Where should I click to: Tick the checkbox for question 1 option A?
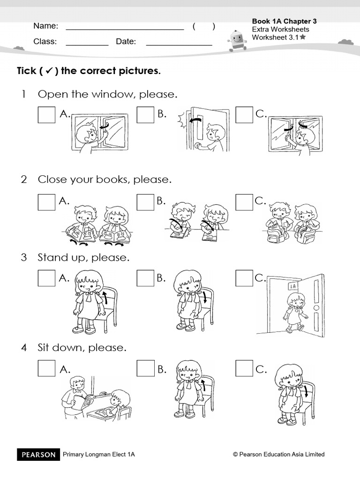tap(46, 114)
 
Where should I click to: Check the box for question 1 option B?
tap(145, 114)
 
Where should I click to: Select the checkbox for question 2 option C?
tap(244, 202)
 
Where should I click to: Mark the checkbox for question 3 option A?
tap(46, 278)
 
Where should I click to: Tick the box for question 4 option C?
tap(244, 369)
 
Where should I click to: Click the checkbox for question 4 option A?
tap(46, 369)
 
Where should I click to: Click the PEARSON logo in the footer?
tap(38, 454)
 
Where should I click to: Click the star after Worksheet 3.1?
tap(303, 37)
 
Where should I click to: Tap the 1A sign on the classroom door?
tap(292, 285)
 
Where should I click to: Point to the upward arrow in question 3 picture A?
tap(104, 297)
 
